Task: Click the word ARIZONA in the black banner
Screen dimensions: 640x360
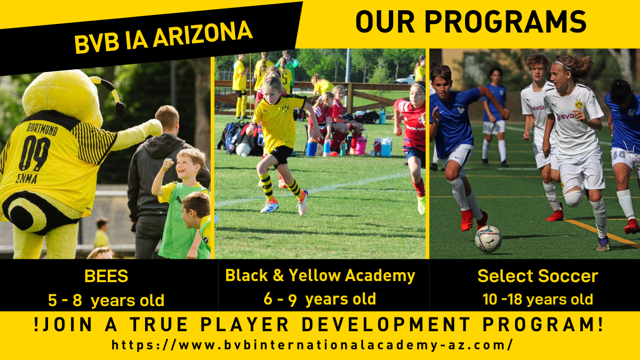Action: coord(203,35)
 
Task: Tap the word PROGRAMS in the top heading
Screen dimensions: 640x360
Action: coord(505,22)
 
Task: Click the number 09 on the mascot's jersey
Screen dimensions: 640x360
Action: coord(34,153)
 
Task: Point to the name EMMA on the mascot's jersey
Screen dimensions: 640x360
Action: coord(26,178)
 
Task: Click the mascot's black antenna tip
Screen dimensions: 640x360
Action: coord(120,109)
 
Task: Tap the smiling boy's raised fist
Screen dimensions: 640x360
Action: coord(167,164)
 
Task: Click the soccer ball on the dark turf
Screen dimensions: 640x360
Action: coord(489,239)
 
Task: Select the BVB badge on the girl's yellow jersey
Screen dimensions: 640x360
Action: coord(285,108)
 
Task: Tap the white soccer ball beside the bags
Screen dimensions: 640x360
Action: coord(243,150)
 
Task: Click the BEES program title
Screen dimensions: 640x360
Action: coord(106,276)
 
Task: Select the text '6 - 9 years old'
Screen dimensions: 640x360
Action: coord(319,299)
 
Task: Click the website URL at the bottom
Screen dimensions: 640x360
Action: coord(312,345)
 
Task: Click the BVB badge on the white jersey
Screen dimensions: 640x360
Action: coord(579,104)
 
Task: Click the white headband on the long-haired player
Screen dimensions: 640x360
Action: coord(562,66)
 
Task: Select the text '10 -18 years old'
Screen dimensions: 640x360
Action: coord(538,299)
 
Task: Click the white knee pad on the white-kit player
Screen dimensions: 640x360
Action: coord(574,198)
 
